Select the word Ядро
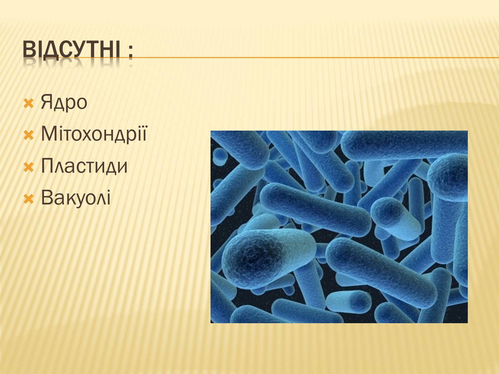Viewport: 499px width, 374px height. pyautogui.click(x=64, y=103)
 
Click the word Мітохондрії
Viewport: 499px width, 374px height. pyautogui.click(x=94, y=134)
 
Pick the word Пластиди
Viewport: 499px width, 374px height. pyautogui.click(x=84, y=166)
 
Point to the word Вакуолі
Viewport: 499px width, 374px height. pyautogui.click(x=76, y=198)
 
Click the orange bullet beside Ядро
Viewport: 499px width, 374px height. pyautogui.click(x=29, y=103)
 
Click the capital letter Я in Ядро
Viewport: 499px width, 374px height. pyautogui.click(x=47, y=102)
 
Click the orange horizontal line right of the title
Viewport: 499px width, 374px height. pyautogui.click(x=316, y=58)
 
